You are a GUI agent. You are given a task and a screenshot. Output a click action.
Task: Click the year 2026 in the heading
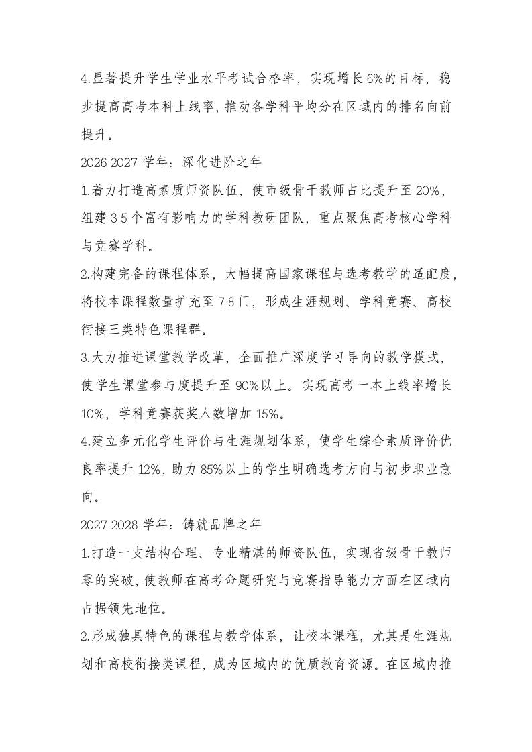click(x=92, y=162)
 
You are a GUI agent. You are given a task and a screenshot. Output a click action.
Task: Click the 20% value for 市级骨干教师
click(x=428, y=191)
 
